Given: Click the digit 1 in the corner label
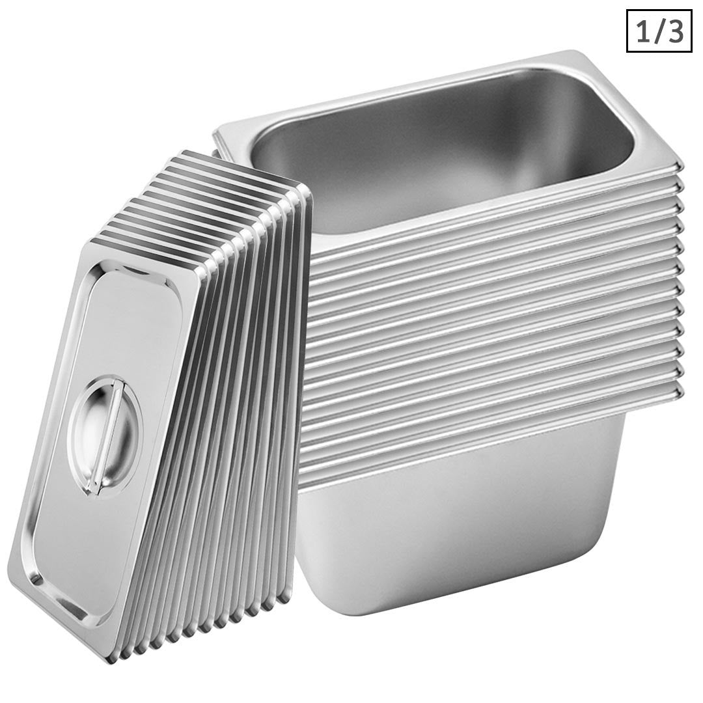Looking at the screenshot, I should click(642, 31).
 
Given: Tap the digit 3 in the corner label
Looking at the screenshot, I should click(674, 31).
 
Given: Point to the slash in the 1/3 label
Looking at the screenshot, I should click(658, 31).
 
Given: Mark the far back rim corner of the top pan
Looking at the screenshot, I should click(573, 55).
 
